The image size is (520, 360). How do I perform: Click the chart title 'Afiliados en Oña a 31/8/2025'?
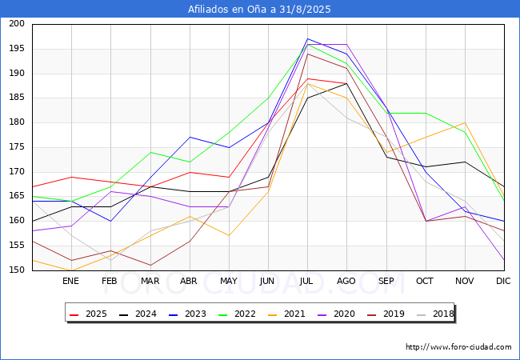[259, 10]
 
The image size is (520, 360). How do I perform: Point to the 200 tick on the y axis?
[17, 24]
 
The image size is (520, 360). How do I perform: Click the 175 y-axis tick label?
[17, 147]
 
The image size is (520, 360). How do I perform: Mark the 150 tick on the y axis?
[17, 270]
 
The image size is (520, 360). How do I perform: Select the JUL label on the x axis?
[307, 281]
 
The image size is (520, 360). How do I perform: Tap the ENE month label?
[71, 281]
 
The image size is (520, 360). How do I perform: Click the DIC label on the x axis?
[503, 281]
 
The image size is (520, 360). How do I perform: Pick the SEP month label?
[386, 281]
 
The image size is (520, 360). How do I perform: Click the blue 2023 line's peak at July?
[307, 38]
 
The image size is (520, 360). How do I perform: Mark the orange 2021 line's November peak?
[464, 122]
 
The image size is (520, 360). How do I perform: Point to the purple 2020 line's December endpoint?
[504, 260]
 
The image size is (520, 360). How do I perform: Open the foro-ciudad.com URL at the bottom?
[458, 347]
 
